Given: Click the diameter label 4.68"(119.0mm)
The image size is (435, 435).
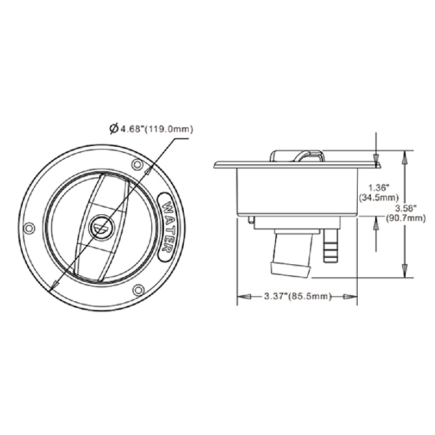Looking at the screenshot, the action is (156, 129).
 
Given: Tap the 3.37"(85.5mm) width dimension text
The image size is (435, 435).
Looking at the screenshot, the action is (297, 296).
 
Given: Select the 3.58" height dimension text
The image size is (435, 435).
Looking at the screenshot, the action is (405, 208).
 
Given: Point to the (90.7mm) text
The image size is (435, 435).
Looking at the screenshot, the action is (406, 218).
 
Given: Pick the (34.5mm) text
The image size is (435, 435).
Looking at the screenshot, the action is (378, 197).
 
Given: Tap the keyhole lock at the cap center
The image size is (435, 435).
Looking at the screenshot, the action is (101, 227).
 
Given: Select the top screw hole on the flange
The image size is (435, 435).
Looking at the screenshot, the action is (138, 165).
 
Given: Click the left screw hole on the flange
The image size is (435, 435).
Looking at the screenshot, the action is (29, 228).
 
